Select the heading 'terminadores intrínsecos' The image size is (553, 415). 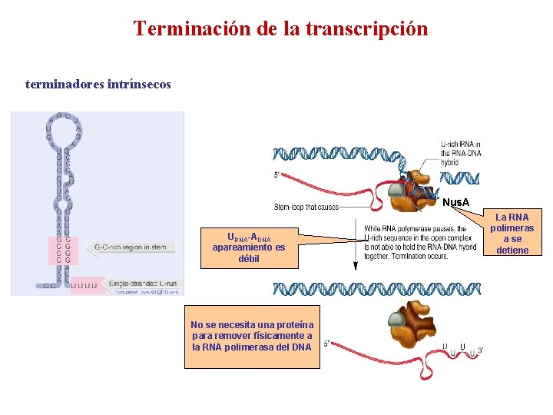coord(98,84)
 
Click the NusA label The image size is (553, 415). coord(456,203)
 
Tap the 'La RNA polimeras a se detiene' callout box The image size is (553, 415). coord(512,234)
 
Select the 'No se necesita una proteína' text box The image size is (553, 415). coord(251,336)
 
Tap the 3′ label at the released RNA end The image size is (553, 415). coord(480,351)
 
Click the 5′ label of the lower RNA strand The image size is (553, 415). coord(327,344)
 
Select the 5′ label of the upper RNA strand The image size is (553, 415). coord(276,175)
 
